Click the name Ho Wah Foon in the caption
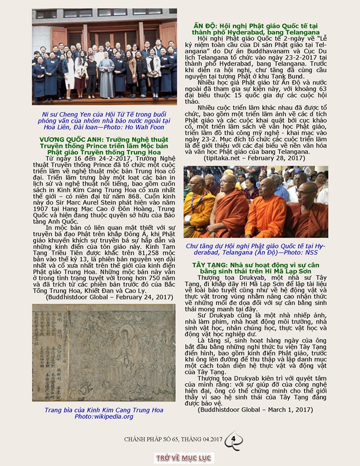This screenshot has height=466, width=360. (x=144, y=127)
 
